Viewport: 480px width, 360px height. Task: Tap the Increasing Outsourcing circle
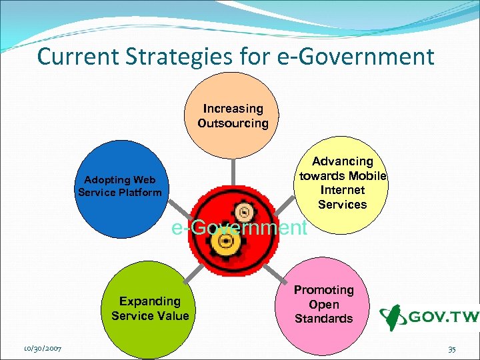tap(233, 113)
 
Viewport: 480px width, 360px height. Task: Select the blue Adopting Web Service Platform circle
tap(119, 193)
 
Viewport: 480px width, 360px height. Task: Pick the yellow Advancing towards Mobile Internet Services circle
tap(342, 183)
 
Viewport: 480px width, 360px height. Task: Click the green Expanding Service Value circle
tap(150, 310)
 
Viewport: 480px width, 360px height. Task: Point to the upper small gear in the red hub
tap(245, 213)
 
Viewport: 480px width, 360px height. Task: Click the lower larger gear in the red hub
tap(225, 248)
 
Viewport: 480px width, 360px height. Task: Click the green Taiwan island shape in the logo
tap(393, 318)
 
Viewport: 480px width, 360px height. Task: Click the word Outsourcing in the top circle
tap(233, 123)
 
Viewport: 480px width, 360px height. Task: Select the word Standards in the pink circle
tap(323, 319)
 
